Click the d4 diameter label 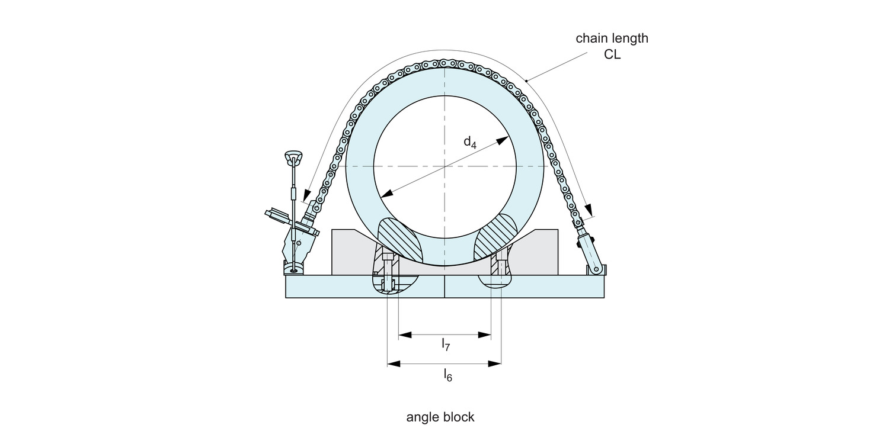[x=469, y=141]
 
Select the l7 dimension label [x=446, y=345]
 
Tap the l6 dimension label [x=448, y=374]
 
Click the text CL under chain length [x=612, y=55]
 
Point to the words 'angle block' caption [x=440, y=417]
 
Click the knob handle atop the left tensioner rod [x=293, y=157]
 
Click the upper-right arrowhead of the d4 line [x=504, y=140]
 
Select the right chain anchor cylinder [x=589, y=249]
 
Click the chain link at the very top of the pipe [x=444, y=63]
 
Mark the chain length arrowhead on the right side [x=589, y=210]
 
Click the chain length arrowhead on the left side [x=307, y=196]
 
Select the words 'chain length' [x=612, y=38]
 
